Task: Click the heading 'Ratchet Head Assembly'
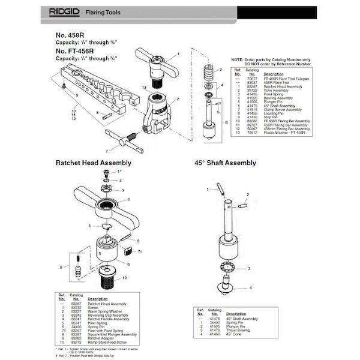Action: [94, 163]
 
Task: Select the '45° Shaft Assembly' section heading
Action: [225, 163]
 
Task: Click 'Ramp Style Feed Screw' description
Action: [107, 340]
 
